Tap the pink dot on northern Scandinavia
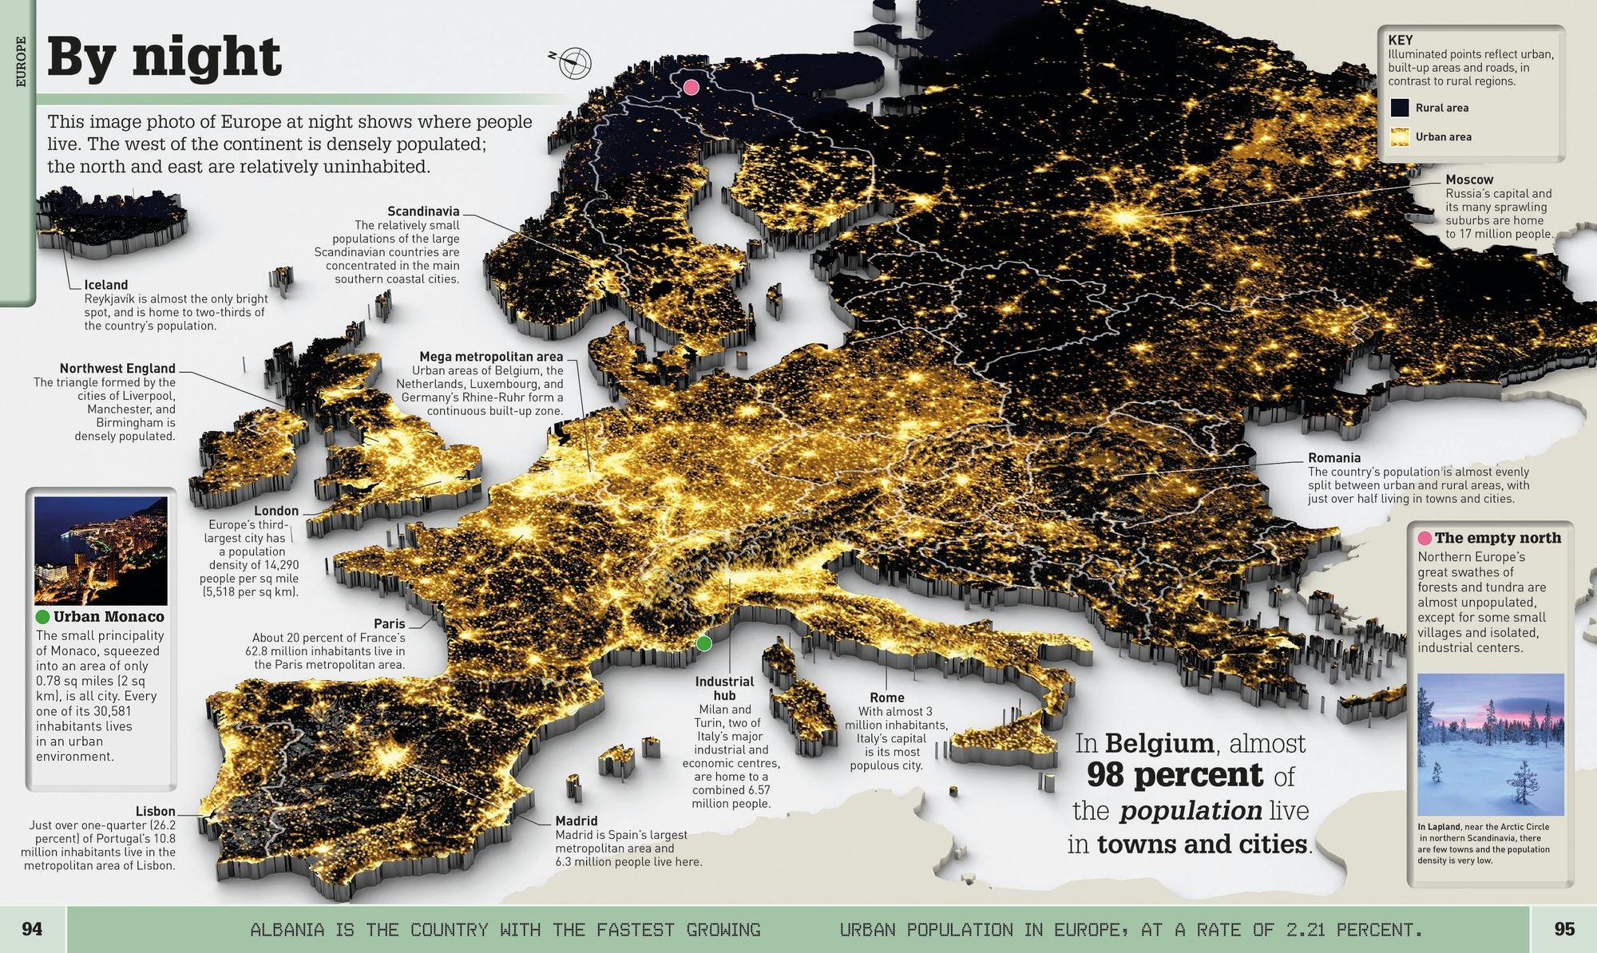[x=692, y=87]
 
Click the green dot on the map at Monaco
[x=703, y=643]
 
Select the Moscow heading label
[x=1468, y=180]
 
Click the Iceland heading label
[x=106, y=285]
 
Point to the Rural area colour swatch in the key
[x=1400, y=108]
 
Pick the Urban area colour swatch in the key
[x=1400, y=136]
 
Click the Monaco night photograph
[x=101, y=551]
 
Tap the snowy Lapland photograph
[x=1490, y=744]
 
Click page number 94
[x=32, y=929]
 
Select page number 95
[x=1564, y=929]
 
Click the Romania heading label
[x=1333, y=458]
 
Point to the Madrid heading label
[x=577, y=821]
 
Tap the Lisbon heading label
[x=155, y=811]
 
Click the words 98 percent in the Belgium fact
[x=1175, y=775]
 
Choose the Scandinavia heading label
[x=423, y=212]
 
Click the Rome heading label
[x=887, y=698]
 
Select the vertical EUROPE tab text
[x=22, y=61]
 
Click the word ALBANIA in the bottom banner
[x=287, y=930]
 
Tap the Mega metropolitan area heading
[x=491, y=357]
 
